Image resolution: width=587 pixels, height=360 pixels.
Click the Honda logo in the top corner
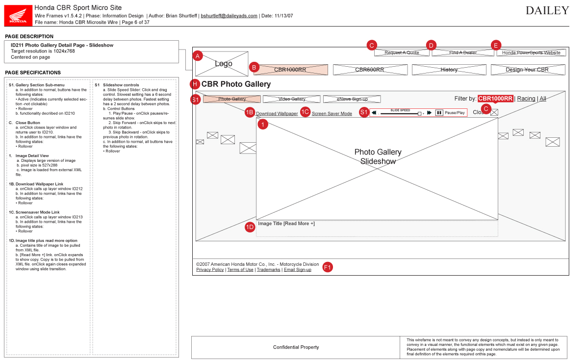[18, 15]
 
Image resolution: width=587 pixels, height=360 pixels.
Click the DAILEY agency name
[547, 11]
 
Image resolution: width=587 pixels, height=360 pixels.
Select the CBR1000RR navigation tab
[290, 70]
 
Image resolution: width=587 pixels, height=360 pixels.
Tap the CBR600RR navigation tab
[370, 70]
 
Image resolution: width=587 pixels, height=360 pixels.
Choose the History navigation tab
[449, 70]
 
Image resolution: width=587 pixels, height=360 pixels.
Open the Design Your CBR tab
[527, 70]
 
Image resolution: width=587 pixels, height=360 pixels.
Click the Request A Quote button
[402, 52]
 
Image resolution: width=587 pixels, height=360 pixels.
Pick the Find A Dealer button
[463, 52]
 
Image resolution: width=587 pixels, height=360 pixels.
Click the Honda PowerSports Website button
[531, 52]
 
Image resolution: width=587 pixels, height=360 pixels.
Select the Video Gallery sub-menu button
[292, 99]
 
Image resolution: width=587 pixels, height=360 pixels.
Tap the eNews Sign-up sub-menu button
[352, 99]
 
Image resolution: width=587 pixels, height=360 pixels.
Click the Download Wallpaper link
[277, 114]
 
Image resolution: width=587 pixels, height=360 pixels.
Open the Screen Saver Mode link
[332, 114]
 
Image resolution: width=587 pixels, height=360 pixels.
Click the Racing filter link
[526, 99]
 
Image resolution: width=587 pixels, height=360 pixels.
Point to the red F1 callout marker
[328, 267]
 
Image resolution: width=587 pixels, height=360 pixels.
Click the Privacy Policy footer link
[210, 270]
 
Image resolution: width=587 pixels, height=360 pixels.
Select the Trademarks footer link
[268, 270]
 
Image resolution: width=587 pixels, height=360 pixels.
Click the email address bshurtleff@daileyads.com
[229, 16]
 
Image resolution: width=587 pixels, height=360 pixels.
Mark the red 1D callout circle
[250, 227]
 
